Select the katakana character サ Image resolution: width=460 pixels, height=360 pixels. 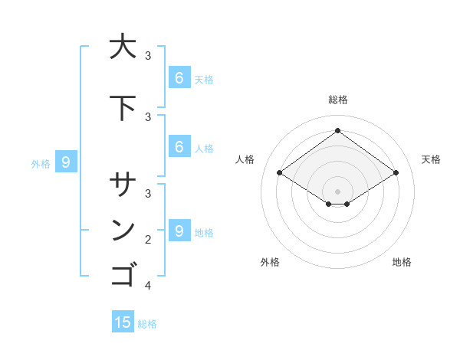click(123, 186)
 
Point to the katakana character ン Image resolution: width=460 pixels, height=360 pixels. click(123, 231)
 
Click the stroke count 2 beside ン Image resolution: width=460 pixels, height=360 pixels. click(148, 240)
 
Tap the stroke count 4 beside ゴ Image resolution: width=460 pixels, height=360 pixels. click(148, 286)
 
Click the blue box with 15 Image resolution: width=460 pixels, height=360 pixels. click(123, 322)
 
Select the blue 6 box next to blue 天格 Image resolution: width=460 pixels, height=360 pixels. click(179, 77)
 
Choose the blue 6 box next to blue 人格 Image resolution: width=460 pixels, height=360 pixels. click(179, 146)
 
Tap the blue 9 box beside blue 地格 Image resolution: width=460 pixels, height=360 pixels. click(179, 231)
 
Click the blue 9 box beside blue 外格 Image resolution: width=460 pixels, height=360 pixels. click(66, 162)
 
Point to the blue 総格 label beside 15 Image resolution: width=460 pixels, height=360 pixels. click(147, 324)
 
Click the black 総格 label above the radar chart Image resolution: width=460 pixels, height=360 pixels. click(338, 100)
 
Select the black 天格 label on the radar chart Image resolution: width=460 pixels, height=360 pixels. click(431, 159)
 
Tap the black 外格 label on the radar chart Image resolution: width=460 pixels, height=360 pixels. click(270, 262)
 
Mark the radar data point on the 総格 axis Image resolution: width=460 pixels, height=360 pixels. click(337, 130)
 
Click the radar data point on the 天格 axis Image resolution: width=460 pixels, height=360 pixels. click(396, 173)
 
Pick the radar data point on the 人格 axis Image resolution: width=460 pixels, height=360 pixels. click(280, 173)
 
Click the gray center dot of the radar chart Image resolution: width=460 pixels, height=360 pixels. click(337, 191)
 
